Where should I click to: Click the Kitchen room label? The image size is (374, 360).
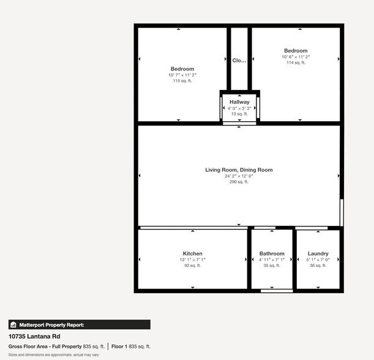(x=192, y=253)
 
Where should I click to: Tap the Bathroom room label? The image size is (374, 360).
(x=272, y=253)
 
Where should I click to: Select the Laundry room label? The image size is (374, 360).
(x=318, y=253)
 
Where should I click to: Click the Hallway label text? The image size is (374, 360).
(x=239, y=102)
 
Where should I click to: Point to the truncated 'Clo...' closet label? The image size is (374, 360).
(x=239, y=60)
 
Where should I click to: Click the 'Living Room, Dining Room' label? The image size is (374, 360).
(x=239, y=170)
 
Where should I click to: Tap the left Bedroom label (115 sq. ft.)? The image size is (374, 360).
(x=182, y=69)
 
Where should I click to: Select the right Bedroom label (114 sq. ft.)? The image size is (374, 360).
(x=296, y=51)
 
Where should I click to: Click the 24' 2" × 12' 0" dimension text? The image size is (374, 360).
(x=239, y=176)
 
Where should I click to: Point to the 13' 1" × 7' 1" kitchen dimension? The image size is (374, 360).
(x=192, y=260)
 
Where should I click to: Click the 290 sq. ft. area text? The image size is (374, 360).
(x=239, y=182)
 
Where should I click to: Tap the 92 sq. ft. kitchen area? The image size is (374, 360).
(x=192, y=266)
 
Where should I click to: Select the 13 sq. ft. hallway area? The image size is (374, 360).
(x=239, y=114)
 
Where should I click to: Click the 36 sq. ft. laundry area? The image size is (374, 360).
(x=318, y=266)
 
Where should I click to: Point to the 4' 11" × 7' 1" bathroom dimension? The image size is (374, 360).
(x=272, y=260)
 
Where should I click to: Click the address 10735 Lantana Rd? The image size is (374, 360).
(x=34, y=336)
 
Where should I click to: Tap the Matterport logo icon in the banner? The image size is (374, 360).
(x=13, y=325)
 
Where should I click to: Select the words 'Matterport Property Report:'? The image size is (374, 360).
(x=51, y=325)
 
